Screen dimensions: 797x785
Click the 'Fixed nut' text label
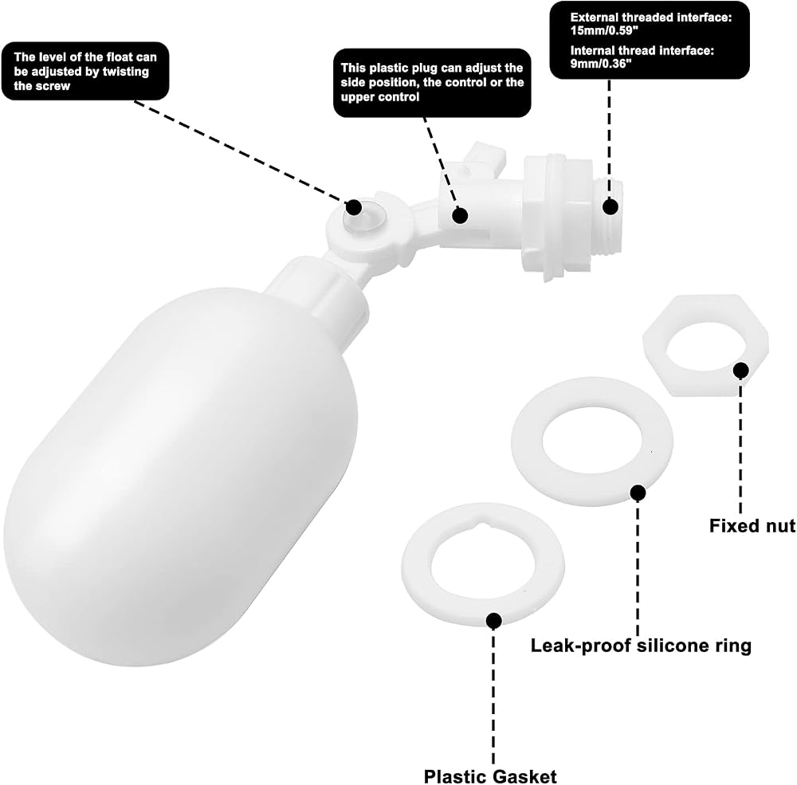[752, 525]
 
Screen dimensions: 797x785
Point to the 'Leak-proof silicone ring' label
[641, 646]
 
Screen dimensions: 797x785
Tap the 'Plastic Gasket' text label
[490, 776]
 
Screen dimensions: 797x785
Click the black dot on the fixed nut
[740, 370]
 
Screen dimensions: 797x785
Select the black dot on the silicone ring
[638, 493]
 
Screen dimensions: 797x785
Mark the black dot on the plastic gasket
[493, 620]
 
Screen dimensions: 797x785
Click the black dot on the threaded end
[611, 206]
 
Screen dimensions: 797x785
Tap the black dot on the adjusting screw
[354, 207]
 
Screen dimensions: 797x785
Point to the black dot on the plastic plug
[460, 215]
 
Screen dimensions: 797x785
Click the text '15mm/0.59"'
[604, 30]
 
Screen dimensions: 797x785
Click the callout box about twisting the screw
[85, 71]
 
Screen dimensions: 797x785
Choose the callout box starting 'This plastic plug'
[432, 83]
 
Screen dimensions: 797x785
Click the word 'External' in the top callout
[595, 18]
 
